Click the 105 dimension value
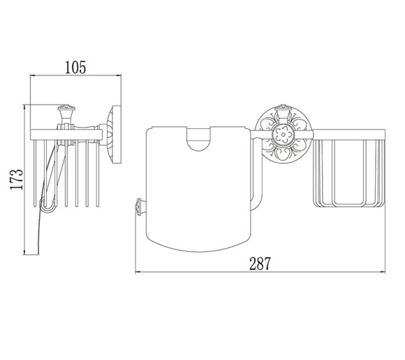point(75,68)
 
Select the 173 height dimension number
point(17,179)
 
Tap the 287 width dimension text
point(260,264)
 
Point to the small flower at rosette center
point(283,135)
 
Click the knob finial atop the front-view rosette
point(283,110)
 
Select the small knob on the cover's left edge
point(140,207)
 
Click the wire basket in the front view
point(349,172)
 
